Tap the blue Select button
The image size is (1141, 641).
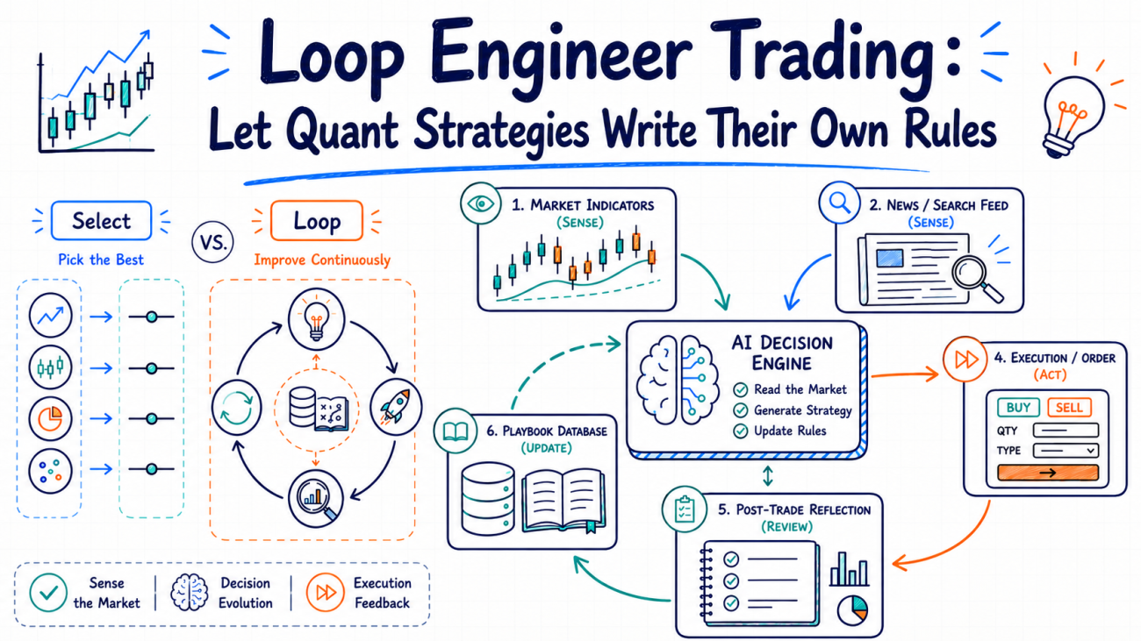click(x=101, y=221)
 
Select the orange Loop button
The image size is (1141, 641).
click(x=317, y=221)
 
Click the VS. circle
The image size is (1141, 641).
click(x=213, y=242)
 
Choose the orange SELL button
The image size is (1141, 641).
click(x=1069, y=408)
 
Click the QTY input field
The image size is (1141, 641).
click(x=1066, y=431)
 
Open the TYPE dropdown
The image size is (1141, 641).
click(x=1066, y=450)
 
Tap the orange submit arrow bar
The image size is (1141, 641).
click(x=1048, y=473)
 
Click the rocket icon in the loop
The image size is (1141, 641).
click(x=396, y=407)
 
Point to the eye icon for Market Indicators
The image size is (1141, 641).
click(x=480, y=203)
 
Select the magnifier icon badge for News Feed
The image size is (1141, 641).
click(x=839, y=203)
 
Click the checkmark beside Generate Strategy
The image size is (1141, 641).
click(x=740, y=410)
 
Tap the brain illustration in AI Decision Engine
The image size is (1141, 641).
click(x=678, y=379)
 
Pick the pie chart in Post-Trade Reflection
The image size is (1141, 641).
click(x=852, y=611)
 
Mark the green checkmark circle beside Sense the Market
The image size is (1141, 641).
click(x=48, y=593)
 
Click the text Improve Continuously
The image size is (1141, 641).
click(x=322, y=260)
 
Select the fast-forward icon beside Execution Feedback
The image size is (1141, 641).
click(x=326, y=592)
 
